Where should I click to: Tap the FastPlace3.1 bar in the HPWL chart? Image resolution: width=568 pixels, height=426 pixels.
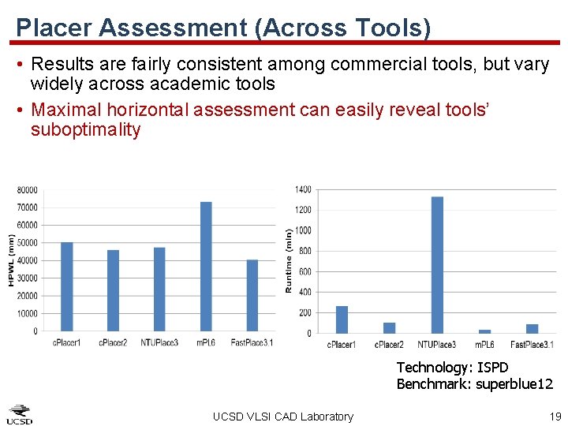252,295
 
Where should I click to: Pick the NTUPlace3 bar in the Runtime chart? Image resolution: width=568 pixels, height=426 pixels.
437,265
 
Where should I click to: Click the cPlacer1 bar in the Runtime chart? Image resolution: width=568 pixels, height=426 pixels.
342,319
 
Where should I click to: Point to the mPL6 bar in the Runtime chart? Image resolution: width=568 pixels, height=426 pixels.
485,331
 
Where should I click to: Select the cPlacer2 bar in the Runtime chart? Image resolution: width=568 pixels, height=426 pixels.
390,327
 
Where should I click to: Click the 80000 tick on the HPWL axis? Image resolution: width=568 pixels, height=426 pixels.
28,190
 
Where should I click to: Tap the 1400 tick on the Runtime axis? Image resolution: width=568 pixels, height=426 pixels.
303,189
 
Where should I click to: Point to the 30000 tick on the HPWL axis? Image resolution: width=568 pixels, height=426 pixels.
28,278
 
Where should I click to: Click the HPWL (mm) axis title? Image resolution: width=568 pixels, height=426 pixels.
11,260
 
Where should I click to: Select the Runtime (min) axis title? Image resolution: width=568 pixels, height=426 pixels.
289,261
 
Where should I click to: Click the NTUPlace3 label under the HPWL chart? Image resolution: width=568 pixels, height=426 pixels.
160,342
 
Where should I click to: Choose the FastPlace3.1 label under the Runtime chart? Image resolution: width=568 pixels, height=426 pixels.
532,345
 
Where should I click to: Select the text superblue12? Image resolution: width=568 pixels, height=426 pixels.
514,384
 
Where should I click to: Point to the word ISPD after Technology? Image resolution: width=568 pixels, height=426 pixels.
493,368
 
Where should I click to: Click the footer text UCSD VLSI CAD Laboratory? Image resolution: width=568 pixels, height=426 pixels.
283,417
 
